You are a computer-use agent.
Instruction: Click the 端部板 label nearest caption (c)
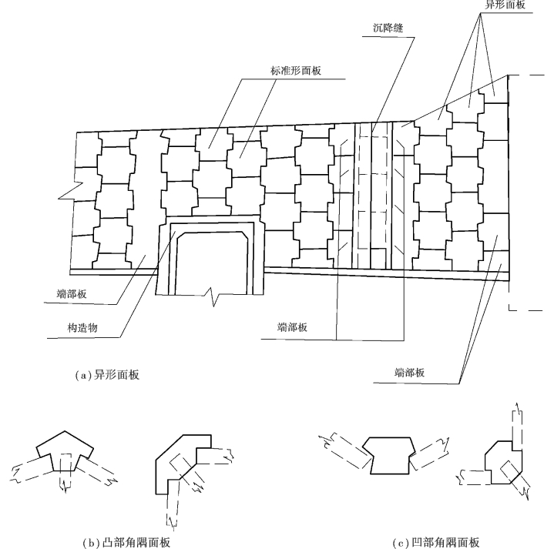click(408, 372)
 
